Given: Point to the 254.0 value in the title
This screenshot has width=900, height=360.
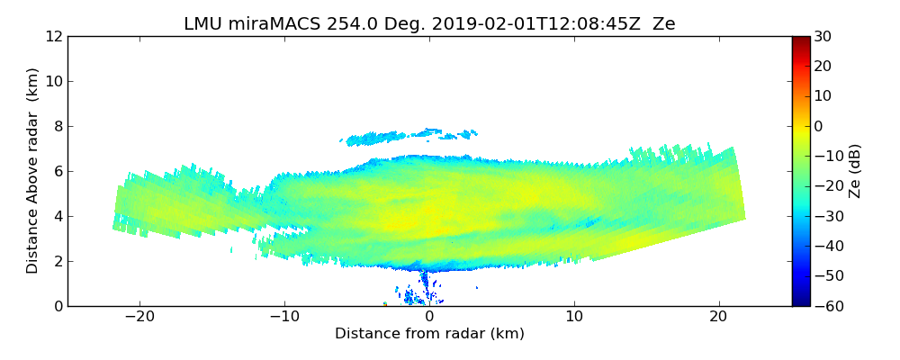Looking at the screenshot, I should point(335,24).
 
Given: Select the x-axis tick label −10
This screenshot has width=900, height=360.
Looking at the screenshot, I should point(284,317).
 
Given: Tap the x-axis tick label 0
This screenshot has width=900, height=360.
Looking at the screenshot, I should point(429,317).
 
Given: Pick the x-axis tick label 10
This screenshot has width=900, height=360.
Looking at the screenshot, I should point(574,317).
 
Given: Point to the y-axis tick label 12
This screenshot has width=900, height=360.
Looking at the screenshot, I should point(54,37).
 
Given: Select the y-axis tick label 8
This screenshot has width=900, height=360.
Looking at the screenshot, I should point(58,127).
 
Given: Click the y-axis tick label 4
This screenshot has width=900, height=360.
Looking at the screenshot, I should point(58,216).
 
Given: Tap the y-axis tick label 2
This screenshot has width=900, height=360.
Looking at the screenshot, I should point(58,261).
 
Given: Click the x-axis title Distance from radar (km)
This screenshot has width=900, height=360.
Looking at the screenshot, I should point(429,334).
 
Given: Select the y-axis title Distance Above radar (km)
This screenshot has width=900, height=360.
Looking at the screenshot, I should point(33,171).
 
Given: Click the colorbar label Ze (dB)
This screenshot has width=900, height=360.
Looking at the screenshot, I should point(855,171).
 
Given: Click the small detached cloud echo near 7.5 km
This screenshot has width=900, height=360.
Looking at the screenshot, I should point(378,138).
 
